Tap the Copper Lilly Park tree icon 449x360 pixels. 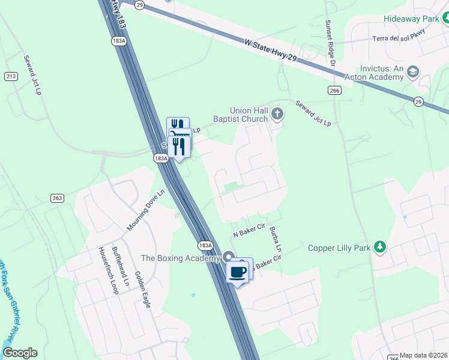[379, 247]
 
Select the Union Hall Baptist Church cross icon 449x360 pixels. [277, 113]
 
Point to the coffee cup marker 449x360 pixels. [238, 271]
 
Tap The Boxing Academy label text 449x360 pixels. [180, 259]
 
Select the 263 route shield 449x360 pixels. [58, 199]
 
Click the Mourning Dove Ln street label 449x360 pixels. [145, 211]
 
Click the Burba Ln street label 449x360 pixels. [276, 238]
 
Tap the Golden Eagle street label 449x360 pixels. [142, 289]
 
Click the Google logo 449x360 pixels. [20, 353]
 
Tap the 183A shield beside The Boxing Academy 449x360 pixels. [205, 245]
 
